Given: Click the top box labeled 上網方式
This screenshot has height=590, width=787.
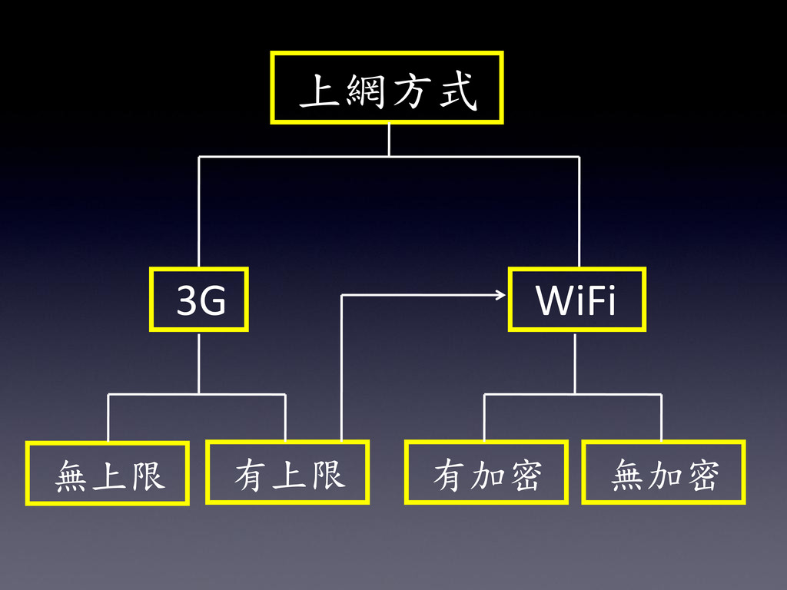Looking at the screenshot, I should (387, 88).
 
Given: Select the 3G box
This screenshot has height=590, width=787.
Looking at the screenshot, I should (199, 300).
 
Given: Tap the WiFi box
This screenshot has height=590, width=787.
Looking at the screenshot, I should (576, 300).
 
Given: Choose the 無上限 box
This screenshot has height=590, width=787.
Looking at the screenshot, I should (108, 473).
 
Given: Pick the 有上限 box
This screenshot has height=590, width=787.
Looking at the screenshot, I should (287, 472).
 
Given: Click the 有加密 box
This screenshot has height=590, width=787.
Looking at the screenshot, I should (486, 472).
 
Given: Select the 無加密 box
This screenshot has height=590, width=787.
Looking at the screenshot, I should (663, 472).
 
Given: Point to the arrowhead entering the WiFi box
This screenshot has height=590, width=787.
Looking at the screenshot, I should (501, 294).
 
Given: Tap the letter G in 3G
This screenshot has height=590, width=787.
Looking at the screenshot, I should (213, 302).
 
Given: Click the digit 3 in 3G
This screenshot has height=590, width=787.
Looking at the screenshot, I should (187, 302).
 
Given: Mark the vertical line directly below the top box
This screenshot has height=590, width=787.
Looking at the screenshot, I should (389, 140).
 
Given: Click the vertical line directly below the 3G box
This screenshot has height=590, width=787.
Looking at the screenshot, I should (199, 363).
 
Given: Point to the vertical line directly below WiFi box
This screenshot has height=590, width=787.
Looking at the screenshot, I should (575, 363).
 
